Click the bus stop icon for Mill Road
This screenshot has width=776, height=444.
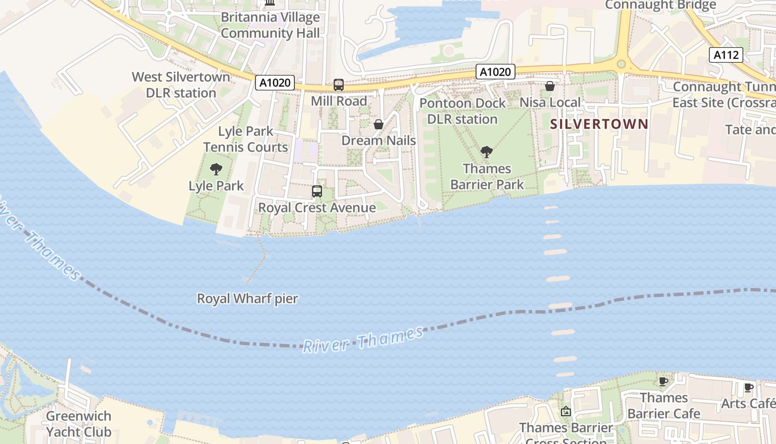338,85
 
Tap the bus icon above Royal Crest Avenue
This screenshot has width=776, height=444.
316,191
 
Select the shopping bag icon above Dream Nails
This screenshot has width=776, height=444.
379,124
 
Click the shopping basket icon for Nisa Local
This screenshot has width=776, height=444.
550,86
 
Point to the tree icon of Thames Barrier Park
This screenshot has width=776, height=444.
487,152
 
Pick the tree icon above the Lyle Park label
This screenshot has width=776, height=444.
216,169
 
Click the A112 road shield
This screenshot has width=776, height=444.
726,54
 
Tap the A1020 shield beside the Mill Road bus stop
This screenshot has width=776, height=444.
274,83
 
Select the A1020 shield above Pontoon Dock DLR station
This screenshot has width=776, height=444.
495,72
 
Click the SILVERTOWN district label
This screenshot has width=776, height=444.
599,124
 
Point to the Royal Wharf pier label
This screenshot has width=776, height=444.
248,299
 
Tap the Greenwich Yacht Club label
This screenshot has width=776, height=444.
79,423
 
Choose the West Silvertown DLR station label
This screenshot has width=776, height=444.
181,84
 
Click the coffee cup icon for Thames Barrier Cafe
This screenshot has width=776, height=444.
663,381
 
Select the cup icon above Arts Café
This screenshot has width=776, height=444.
748,387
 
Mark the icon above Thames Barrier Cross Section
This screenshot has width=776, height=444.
565,411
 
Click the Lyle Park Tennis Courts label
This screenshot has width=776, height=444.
246,139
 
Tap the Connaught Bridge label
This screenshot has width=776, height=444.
660,6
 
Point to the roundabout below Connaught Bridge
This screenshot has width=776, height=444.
621,64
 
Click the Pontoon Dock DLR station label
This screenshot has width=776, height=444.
462,111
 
